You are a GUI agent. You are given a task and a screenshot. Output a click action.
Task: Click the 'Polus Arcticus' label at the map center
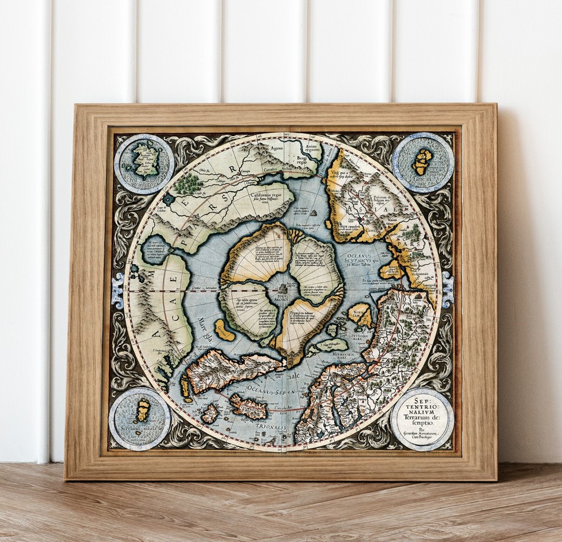click(282, 299)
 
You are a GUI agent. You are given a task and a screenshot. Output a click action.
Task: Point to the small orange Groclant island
click(224, 330)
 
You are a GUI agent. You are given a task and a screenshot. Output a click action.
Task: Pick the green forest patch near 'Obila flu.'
click(189, 184)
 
